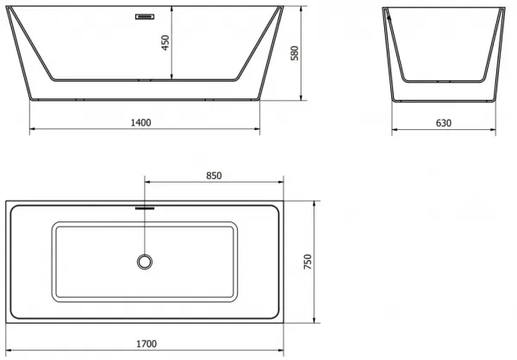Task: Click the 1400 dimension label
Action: tap(140, 122)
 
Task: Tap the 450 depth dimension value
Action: tap(165, 42)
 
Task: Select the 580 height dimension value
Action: tap(295, 53)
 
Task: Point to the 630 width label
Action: tap(444, 123)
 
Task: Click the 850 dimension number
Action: tap(214, 176)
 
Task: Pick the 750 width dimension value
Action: tap(308, 262)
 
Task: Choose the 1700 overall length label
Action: tap(146, 344)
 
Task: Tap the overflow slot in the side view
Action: tap(145, 16)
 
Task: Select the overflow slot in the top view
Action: tap(145, 208)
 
